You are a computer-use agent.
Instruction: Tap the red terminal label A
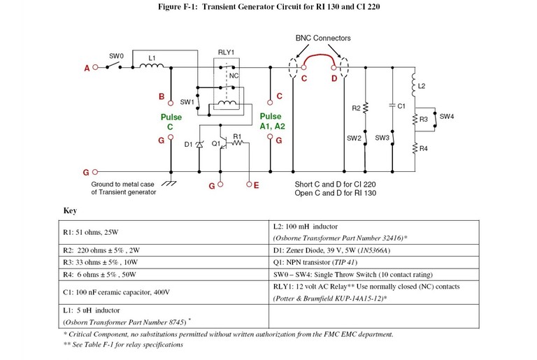87,68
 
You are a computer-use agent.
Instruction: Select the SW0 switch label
116,55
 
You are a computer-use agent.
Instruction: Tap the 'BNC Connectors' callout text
319,38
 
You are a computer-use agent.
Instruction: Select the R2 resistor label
356,108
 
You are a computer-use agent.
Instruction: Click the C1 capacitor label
401,106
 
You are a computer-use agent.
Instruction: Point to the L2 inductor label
421,87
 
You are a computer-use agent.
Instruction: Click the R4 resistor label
423,148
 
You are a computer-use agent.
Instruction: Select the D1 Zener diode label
188,145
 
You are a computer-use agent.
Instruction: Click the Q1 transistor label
216,145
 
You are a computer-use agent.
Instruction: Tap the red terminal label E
256,185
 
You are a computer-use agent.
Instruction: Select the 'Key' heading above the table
70,210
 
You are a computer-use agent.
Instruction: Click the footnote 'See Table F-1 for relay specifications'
122,345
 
